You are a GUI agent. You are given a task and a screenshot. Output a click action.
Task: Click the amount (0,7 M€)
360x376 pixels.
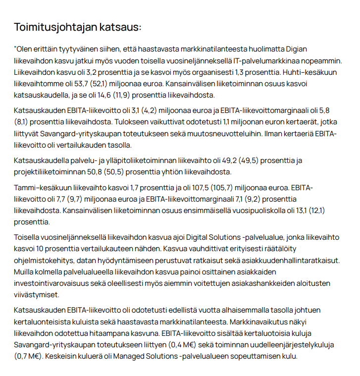[x=30, y=356]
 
